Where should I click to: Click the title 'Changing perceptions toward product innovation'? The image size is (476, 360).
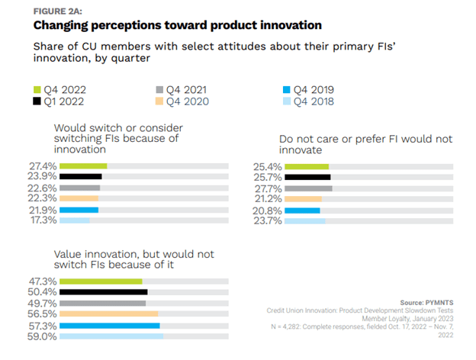tap(168, 25)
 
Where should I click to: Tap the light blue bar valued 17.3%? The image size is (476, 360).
tap(75, 220)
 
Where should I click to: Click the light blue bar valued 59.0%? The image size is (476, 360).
tap(111, 336)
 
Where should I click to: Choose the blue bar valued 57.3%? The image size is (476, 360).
tap(109, 325)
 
